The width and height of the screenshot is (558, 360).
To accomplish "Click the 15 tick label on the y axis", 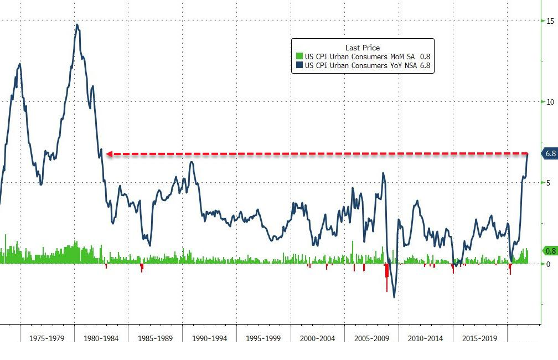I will [550, 21].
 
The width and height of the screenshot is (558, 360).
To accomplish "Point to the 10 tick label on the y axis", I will [550, 102].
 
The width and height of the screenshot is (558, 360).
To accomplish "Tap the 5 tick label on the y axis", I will [549, 183].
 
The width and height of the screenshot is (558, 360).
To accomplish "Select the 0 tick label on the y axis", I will [549, 264].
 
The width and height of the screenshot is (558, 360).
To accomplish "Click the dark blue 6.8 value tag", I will [550, 153].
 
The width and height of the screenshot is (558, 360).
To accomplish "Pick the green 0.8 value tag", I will [550, 251].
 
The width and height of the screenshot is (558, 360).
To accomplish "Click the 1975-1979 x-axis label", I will [47, 338].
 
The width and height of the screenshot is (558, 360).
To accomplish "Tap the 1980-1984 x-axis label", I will [101, 338].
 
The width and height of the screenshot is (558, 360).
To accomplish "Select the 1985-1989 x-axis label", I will [156, 338].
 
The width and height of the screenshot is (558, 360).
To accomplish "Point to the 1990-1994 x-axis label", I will [209, 338].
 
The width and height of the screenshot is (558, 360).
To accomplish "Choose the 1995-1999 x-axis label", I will [263, 338].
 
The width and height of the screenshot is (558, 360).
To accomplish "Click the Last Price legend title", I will [363, 48].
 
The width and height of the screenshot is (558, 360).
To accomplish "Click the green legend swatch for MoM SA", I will [299, 56].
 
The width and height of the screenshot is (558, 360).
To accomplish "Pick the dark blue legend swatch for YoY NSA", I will [299, 65].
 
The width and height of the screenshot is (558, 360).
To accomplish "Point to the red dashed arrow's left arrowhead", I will [108, 153].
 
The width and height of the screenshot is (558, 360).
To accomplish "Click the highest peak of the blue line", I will [77, 25].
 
